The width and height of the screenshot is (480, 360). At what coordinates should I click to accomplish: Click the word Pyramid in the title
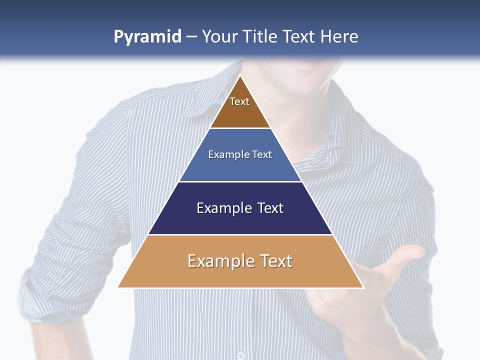(147, 37)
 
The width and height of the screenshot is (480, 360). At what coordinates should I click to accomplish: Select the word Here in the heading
(339, 36)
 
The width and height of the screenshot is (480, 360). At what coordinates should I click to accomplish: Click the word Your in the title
(220, 36)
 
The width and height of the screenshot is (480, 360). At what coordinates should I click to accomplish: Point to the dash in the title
(191, 37)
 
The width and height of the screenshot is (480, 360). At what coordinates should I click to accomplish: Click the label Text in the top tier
(239, 101)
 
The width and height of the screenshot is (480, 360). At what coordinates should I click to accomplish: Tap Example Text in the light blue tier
(240, 154)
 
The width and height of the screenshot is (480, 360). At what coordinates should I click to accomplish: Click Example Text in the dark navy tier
(240, 208)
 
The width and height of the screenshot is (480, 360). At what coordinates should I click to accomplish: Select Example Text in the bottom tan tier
(240, 261)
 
